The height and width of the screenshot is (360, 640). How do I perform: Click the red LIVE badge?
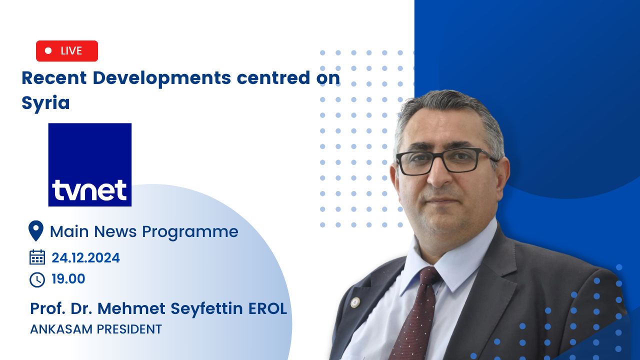click(67, 51)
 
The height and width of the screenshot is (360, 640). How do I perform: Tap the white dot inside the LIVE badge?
click(48, 50)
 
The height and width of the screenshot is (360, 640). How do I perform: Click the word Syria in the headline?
click(45, 103)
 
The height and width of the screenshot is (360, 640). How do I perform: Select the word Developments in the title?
click(161, 78)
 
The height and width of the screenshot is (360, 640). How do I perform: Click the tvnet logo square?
click(90, 164)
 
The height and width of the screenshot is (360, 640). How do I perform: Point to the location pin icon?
click(36, 231)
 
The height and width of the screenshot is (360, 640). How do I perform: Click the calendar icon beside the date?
click(37, 257)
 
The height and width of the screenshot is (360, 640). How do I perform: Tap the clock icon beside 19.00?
click(37, 279)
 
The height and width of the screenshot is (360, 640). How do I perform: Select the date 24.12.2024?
click(85, 257)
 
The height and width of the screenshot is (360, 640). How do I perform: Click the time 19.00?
click(68, 279)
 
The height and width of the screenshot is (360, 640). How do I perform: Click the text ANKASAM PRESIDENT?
click(96, 329)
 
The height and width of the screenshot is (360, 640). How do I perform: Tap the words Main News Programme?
click(144, 232)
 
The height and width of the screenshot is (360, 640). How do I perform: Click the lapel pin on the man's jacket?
click(355, 302)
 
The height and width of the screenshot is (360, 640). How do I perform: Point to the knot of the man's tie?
click(429, 276)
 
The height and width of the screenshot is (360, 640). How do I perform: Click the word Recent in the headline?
click(54, 78)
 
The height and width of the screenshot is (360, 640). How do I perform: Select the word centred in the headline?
click(273, 77)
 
